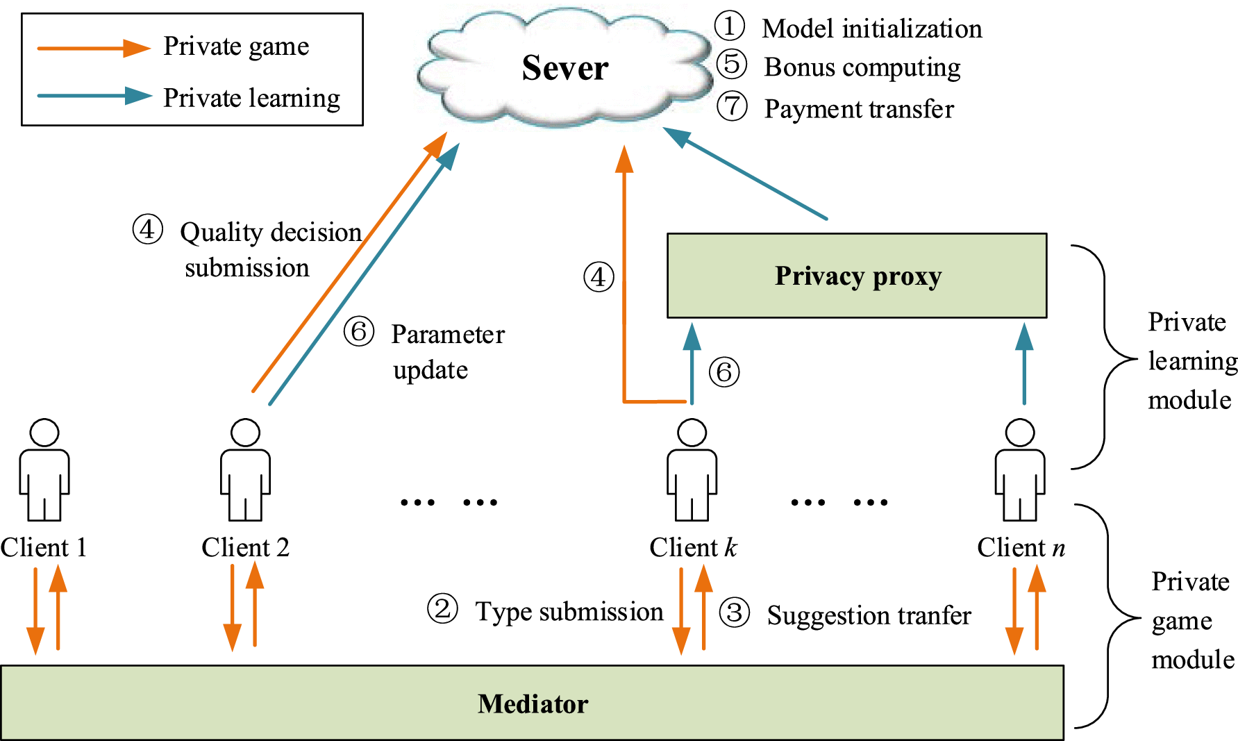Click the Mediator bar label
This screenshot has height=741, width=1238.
[x=533, y=704]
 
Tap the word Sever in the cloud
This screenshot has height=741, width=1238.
[x=564, y=68]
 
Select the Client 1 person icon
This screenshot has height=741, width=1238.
[x=44, y=470]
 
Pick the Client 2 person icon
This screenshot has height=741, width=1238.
[x=245, y=470]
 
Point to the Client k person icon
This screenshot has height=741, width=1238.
[x=692, y=470]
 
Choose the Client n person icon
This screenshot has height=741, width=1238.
[x=1019, y=470]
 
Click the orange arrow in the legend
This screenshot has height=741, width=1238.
[x=93, y=48]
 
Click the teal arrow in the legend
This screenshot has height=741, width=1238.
[x=93, y=96]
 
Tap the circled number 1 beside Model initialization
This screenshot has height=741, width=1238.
[x=729, y=26]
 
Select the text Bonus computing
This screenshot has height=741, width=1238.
[x=862, y=67]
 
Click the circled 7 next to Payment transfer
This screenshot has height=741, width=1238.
[x=732, y=107]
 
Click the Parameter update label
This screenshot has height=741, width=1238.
[x=447, y=351]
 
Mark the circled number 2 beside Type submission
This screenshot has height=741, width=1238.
[x=442, y=609]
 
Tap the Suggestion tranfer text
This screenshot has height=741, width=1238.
[x=868, y=615]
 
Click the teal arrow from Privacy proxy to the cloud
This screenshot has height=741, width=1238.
[x=746, y=174]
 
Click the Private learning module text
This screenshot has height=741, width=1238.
[x=1191, y=361]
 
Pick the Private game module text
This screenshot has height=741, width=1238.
[x=1191, y=620]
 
